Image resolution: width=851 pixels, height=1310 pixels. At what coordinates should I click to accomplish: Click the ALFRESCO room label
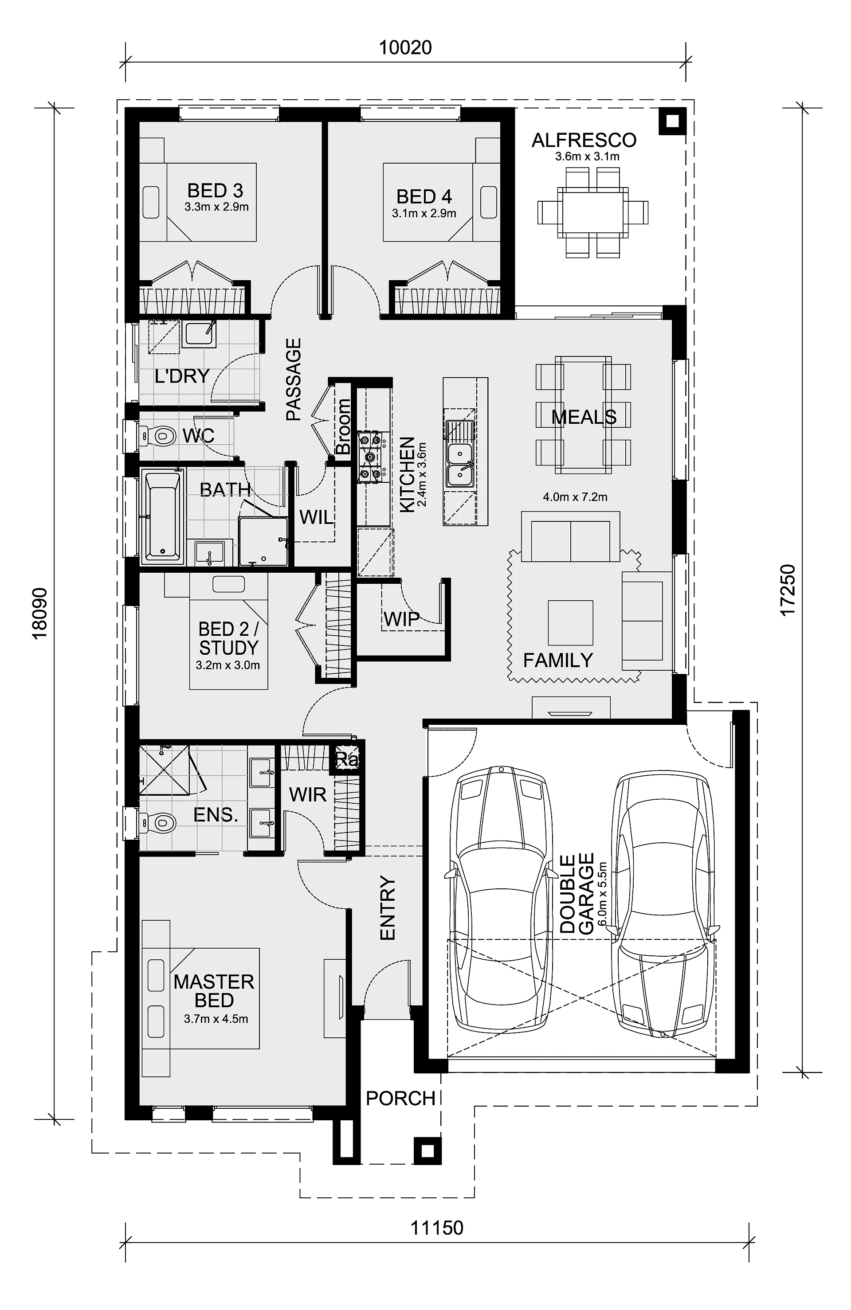[x=584, y=141]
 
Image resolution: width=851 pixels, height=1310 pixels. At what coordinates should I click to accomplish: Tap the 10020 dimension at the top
[x=405, y=48]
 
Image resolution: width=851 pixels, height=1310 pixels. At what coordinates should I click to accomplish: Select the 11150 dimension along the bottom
[x=436, y=1228]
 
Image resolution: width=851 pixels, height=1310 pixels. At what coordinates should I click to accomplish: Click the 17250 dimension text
[x=788, y=590]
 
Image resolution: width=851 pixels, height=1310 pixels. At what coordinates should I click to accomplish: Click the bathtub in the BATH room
[x=162, y=517]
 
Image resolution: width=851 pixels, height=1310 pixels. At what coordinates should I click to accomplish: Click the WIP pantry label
[x=401, y=619]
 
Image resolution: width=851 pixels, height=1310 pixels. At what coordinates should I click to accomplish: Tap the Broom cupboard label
[x=342, y=426]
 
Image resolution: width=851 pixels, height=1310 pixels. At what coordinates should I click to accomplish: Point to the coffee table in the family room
[x=570, y=622]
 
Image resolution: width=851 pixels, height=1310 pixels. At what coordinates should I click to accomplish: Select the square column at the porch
[x=427, y=1151]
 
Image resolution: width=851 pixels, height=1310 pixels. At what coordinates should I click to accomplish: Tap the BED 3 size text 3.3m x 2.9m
[x=216, y=207]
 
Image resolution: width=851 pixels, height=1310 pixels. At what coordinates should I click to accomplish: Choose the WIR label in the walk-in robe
[x=308, y=794]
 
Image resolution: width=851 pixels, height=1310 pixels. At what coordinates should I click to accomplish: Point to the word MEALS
[x=584, y=417]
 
